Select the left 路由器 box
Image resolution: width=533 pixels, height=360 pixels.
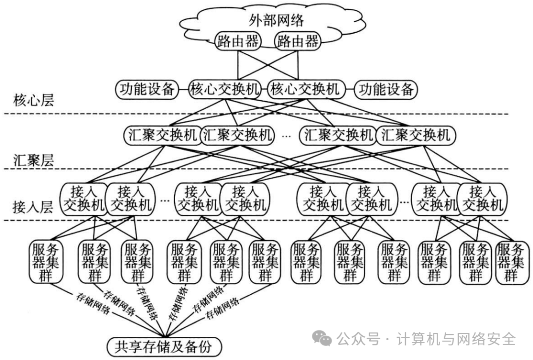(238, 41)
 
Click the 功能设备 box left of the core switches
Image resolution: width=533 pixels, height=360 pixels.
(147, 89)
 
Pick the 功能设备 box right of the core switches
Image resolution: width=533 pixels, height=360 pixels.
(386, 89)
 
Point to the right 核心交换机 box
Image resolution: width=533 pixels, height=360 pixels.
(304, 89)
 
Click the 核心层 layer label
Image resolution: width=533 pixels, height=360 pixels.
(34, 102)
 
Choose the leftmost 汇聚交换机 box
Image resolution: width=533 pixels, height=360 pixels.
(161, 135)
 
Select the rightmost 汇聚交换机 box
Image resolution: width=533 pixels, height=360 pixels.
(416, 135)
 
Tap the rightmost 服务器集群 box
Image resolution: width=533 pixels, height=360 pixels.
(511, 262)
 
